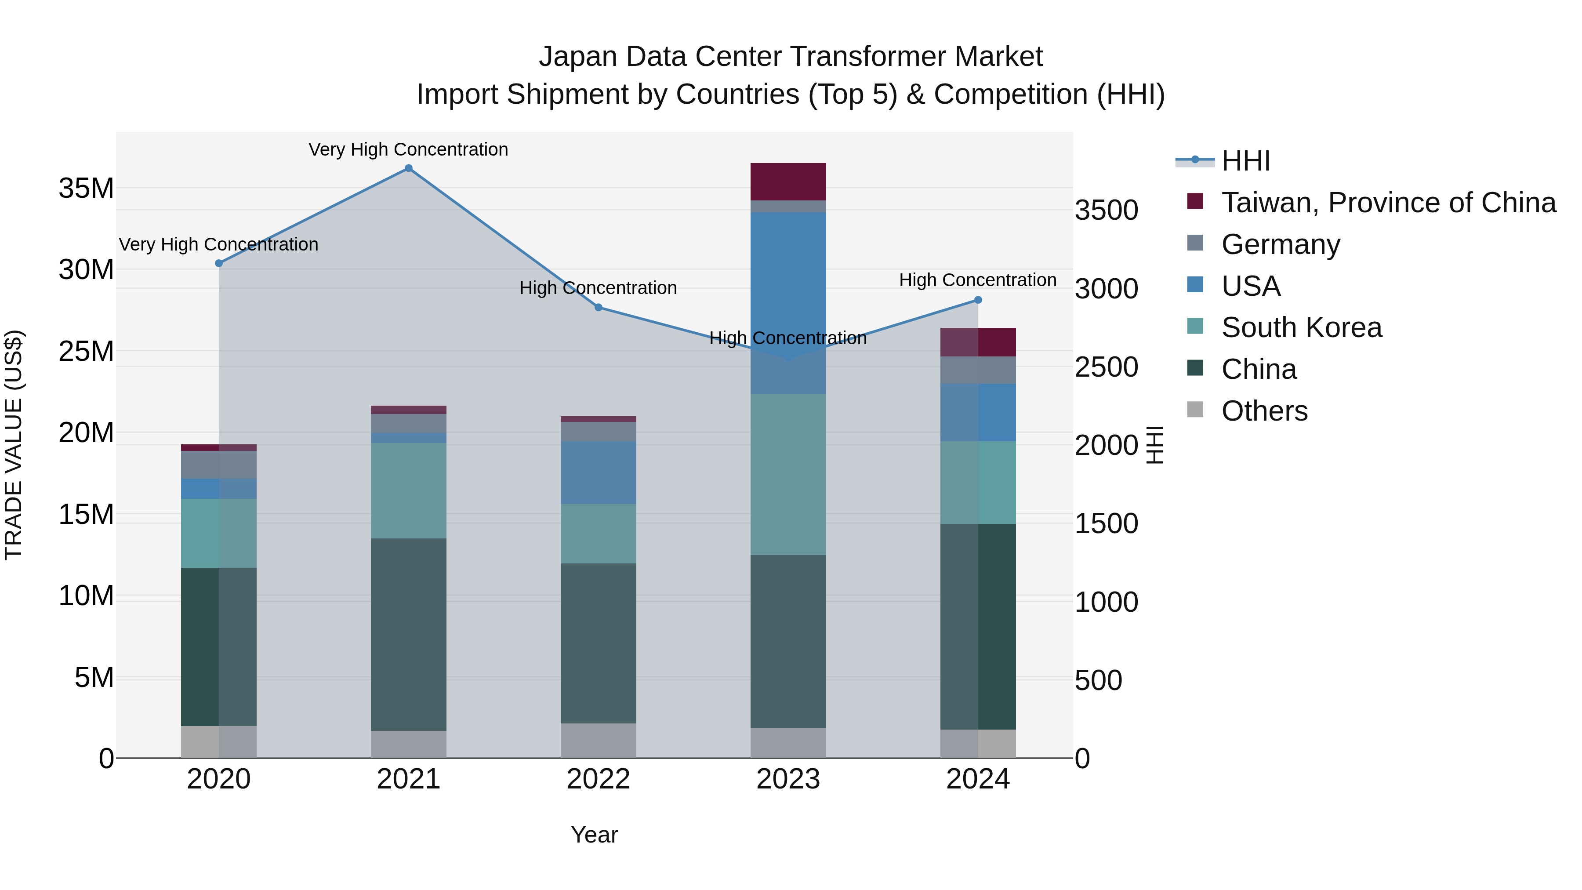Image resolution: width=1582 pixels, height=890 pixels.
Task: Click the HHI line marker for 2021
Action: pyautogui.click(x=408, y=168)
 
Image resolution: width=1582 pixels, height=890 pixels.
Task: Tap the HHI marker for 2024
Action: pyautogui.click(x=978, y=300)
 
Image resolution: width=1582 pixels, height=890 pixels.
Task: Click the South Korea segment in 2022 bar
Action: pyautogui.click(x=598, y=533)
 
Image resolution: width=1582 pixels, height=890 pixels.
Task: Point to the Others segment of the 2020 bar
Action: pyautogui.click(x=219, y=741)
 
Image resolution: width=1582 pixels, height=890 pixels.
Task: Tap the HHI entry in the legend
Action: pyautogui.click(x=1245, y=161)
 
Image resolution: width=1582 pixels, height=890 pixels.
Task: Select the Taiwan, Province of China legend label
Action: pyautogui.click(x=1388, y=203)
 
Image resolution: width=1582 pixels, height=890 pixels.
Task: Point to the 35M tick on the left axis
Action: pyautogui.click(x=86, y=188)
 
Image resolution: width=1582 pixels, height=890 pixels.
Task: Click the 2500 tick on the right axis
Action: pyautogui.click(x=1106, y=367)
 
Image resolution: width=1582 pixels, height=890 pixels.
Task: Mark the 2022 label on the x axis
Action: pyautogui.click(x=598, y=779)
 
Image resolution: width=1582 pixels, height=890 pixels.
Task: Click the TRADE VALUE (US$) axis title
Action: pyautogui.click(x=14, y=445)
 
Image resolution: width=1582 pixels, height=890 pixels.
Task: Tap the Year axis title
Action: pyautogui.click(x=594, y=835)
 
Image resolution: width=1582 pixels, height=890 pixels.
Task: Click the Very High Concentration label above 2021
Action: pyautogui.click(x=408, y=149)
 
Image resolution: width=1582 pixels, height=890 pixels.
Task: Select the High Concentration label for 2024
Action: pyautogui.click(x=978, y=280)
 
